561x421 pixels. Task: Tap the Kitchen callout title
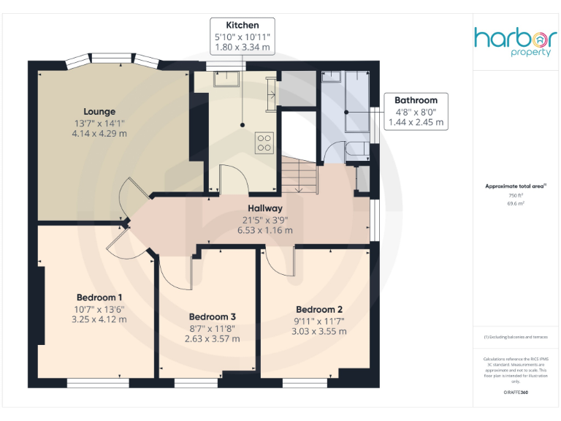[242, 25]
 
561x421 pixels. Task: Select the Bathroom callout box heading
[416, 100]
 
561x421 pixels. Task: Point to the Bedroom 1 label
[99, 297]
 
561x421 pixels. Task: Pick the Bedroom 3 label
[212, 316]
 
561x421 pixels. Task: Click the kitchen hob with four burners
[264, 142]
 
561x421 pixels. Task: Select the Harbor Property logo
[516, 43]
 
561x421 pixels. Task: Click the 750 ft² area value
[516, 196]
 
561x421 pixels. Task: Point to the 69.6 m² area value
[516, 204]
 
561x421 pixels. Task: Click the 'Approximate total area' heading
[516, 187]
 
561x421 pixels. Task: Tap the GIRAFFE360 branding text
[516, 392]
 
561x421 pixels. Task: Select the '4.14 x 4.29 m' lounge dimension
[99, 134]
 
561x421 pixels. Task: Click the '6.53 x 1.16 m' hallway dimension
[264, 230]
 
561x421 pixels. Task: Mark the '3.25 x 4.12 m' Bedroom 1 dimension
[99, 319]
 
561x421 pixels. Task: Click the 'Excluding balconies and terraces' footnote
[516, 337]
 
